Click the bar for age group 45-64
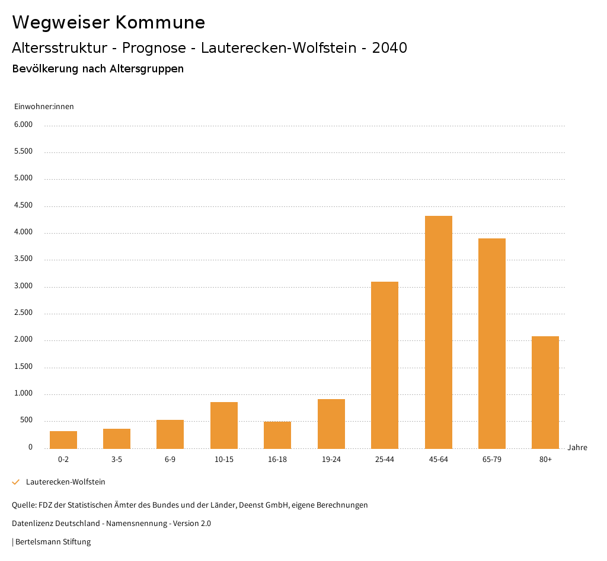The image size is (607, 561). (438, 332)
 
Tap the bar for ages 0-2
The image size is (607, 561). (63, 439)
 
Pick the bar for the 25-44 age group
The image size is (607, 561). (385, 365)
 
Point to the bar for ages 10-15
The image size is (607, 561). (224, 425)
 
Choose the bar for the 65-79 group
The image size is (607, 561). (492, 343)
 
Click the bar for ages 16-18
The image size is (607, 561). (277, 435)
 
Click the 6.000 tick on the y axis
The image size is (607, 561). (23, 125)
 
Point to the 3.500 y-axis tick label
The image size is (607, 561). (23, 259)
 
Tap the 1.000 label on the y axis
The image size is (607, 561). (23, 394)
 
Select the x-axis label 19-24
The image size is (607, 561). (331, 460)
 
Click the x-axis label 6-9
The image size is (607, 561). (170, 460)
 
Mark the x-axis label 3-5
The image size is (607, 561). (117, 460)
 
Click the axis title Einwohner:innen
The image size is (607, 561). (44, 107)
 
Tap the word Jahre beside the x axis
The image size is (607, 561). (577, 448)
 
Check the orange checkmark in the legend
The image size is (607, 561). (16, 482)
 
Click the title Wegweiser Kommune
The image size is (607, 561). (108, 23)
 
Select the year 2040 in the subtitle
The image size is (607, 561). (389, 48)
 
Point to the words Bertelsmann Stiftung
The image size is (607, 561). (53, 542)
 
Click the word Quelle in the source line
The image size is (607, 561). (23, 505)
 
